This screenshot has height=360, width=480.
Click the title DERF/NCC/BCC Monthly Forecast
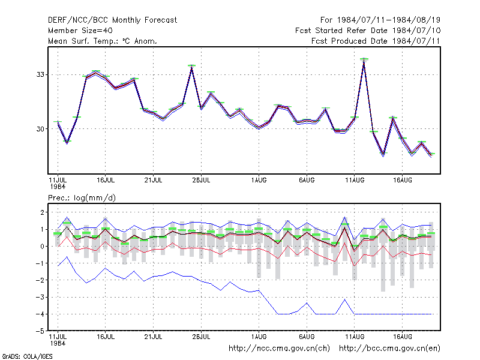[112, 20]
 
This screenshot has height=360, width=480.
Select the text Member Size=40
[80, 31]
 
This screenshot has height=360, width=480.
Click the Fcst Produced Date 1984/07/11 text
[376, 41]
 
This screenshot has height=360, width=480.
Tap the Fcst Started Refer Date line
[368, 31]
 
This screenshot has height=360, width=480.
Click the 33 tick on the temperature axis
[40, 74]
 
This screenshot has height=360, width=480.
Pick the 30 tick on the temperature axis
[40, 129]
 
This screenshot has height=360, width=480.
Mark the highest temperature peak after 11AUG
[364, 59]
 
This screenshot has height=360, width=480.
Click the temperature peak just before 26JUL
[191, 65]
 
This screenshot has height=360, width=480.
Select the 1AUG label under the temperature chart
[259, 181]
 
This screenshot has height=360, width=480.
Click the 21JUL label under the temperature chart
[153, 181]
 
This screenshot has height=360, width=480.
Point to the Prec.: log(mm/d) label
[82, 198]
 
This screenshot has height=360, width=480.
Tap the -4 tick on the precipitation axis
[40, 314]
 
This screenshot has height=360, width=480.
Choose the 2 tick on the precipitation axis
[42, 212]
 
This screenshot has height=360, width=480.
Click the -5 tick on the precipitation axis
[40, 331]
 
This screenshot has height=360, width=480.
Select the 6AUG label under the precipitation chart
[307, 337]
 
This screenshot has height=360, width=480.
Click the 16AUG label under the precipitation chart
[402, 337]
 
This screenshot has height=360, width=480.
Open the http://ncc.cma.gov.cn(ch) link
[279, 349]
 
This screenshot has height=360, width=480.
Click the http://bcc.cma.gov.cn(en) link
[389, 349]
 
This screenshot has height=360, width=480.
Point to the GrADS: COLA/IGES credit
[27, 356]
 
